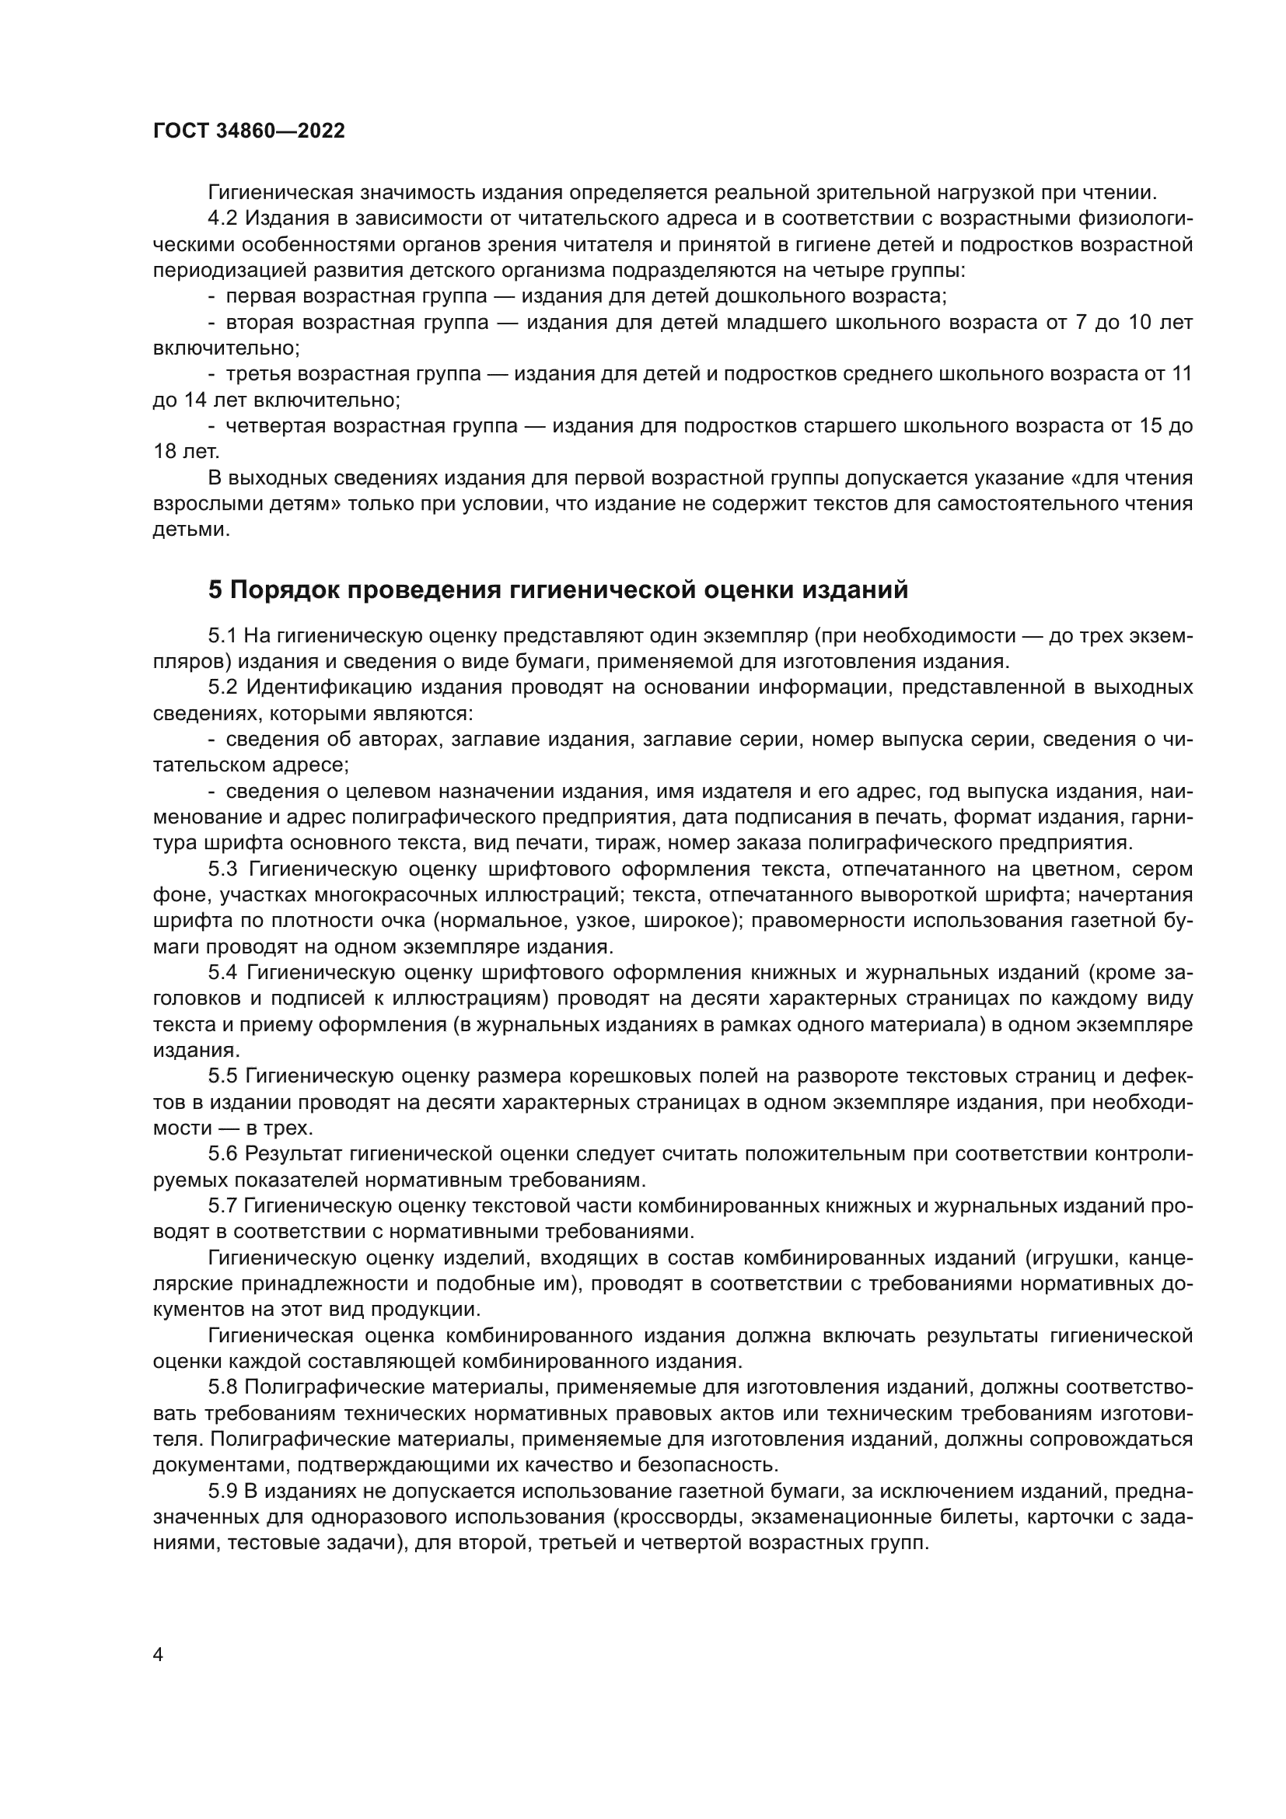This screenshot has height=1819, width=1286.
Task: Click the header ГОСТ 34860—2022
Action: pos(249,131)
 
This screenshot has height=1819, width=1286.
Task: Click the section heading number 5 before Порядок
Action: pos(215,590)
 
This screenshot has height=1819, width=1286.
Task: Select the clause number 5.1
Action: pos(222,635)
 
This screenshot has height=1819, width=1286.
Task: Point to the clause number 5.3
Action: pos(222,869)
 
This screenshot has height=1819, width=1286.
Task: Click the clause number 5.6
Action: pos(222,1153)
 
